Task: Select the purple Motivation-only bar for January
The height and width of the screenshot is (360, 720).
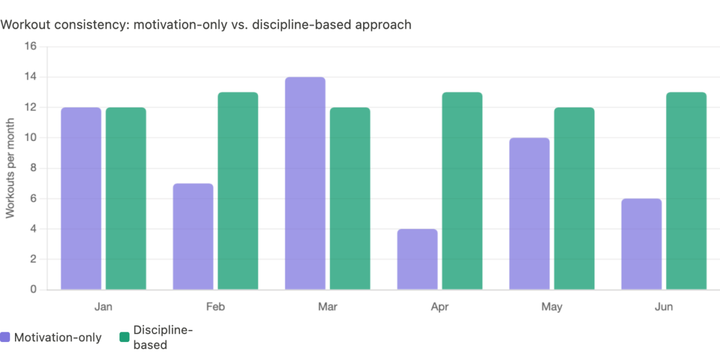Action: point(81,198)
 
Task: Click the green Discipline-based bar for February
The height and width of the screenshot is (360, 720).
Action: point(238,191)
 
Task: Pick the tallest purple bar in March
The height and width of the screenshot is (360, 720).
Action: point(305,183)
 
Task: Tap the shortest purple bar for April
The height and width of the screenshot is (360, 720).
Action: point(418,259)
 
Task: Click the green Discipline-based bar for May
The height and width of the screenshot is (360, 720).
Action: point(574,198)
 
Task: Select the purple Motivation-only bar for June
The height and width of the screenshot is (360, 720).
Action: point(641,244)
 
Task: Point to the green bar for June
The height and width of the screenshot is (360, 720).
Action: point(686,191)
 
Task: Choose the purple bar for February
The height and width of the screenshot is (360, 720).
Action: point(193,236)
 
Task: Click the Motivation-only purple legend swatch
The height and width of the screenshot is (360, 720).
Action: point(5,337)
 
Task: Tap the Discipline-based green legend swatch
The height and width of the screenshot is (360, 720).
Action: point(124,337)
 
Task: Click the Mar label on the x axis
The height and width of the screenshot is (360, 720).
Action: point(328,307)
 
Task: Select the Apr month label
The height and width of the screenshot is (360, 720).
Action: point(439,307)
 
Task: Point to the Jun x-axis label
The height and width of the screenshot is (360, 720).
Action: point(664,307)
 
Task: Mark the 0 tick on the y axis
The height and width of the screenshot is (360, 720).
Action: point(34,290)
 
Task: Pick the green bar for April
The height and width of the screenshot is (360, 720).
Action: point(462,191)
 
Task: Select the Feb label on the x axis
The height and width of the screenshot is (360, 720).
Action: point(215,307)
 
